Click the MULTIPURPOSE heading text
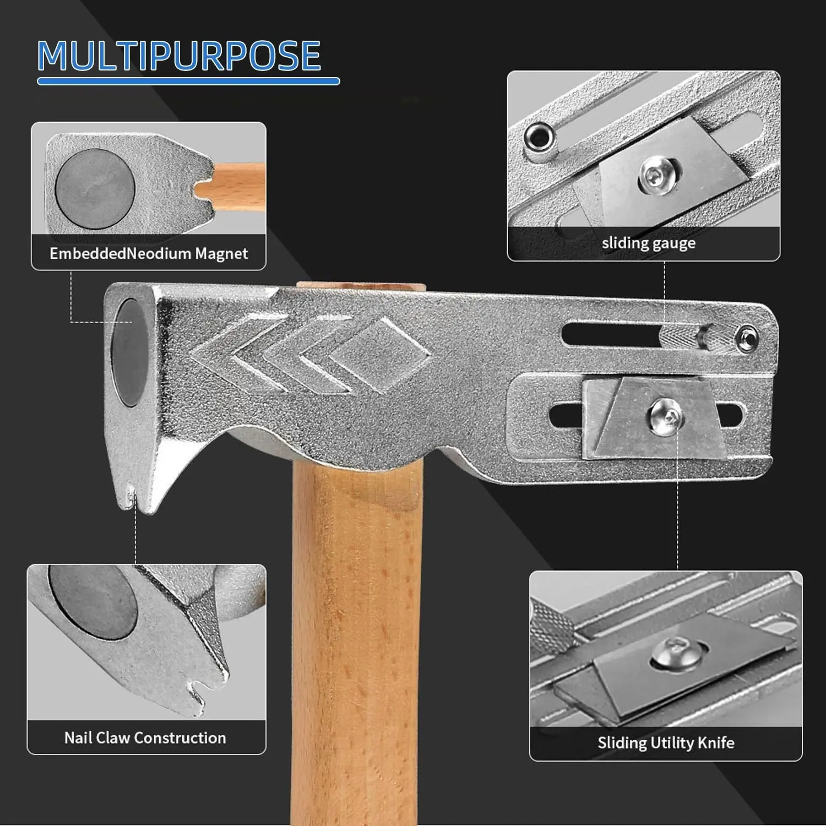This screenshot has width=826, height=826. click(x=179, y=55)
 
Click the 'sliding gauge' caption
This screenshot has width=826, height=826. click(x=648, y=243)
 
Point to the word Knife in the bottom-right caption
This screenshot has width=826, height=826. click(x=716, y=742)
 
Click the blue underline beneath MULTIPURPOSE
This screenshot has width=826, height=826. click(x=188, y=82)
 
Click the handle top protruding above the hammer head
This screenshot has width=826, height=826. click(x=361, y=286)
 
